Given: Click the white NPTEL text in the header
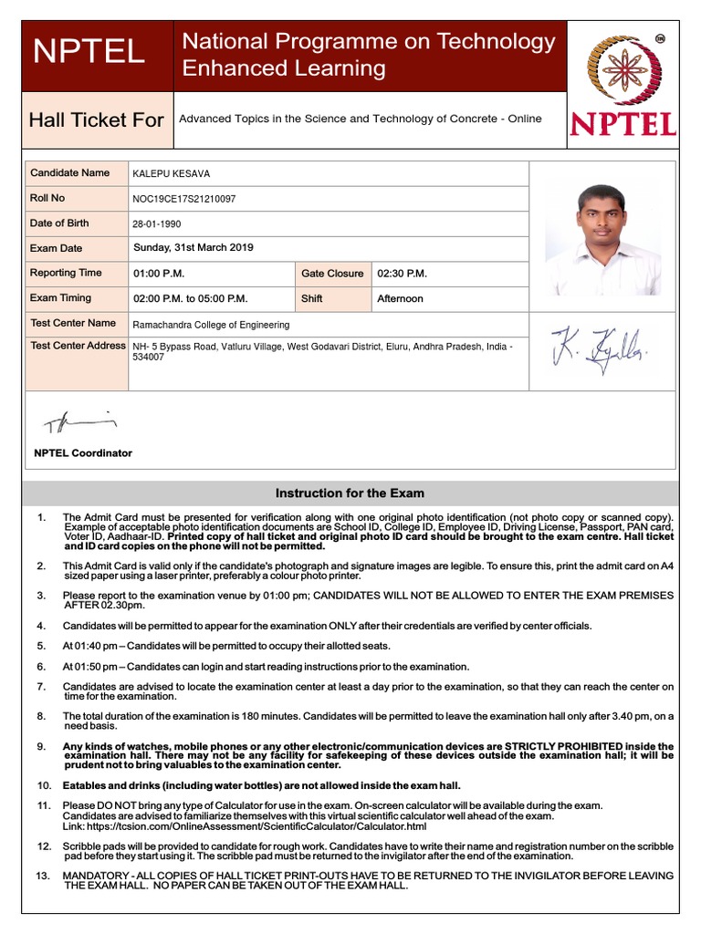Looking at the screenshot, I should click(x=89, y=52).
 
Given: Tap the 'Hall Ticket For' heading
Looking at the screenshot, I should click(x=97, y=119).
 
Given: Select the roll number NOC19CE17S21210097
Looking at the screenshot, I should click(x=184, y=198).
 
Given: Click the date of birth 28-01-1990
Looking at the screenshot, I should click(x=158, y=223).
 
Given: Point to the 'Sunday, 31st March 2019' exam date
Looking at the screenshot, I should click(x=194, y=248).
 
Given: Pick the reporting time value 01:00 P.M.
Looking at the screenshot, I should click(x=159, y=274).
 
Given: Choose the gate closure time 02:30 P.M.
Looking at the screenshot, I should click(x=402, y=274).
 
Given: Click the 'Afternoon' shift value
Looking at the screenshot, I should click(x=400, y=298).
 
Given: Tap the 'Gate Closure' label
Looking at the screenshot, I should click(x=332, y=274).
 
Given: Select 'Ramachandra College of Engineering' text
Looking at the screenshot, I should click(x=211, y=325).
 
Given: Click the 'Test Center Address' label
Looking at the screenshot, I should click(x=78, y=346).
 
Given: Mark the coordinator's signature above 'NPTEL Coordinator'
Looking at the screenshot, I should click(x=79, y=421).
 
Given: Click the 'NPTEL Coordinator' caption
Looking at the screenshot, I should click(x=83, y=453).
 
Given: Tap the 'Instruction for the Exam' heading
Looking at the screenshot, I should click(x=350, y=493).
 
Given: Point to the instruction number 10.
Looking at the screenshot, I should click(x=44, y=785).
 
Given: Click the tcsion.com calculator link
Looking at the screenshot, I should click(x=244, y=826).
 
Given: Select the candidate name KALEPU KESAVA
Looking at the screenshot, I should click(x=172, y=173).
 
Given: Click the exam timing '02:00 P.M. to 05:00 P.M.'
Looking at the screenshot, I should click(x=190, y=298).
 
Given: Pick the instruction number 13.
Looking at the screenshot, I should click(x=44, y=876).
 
